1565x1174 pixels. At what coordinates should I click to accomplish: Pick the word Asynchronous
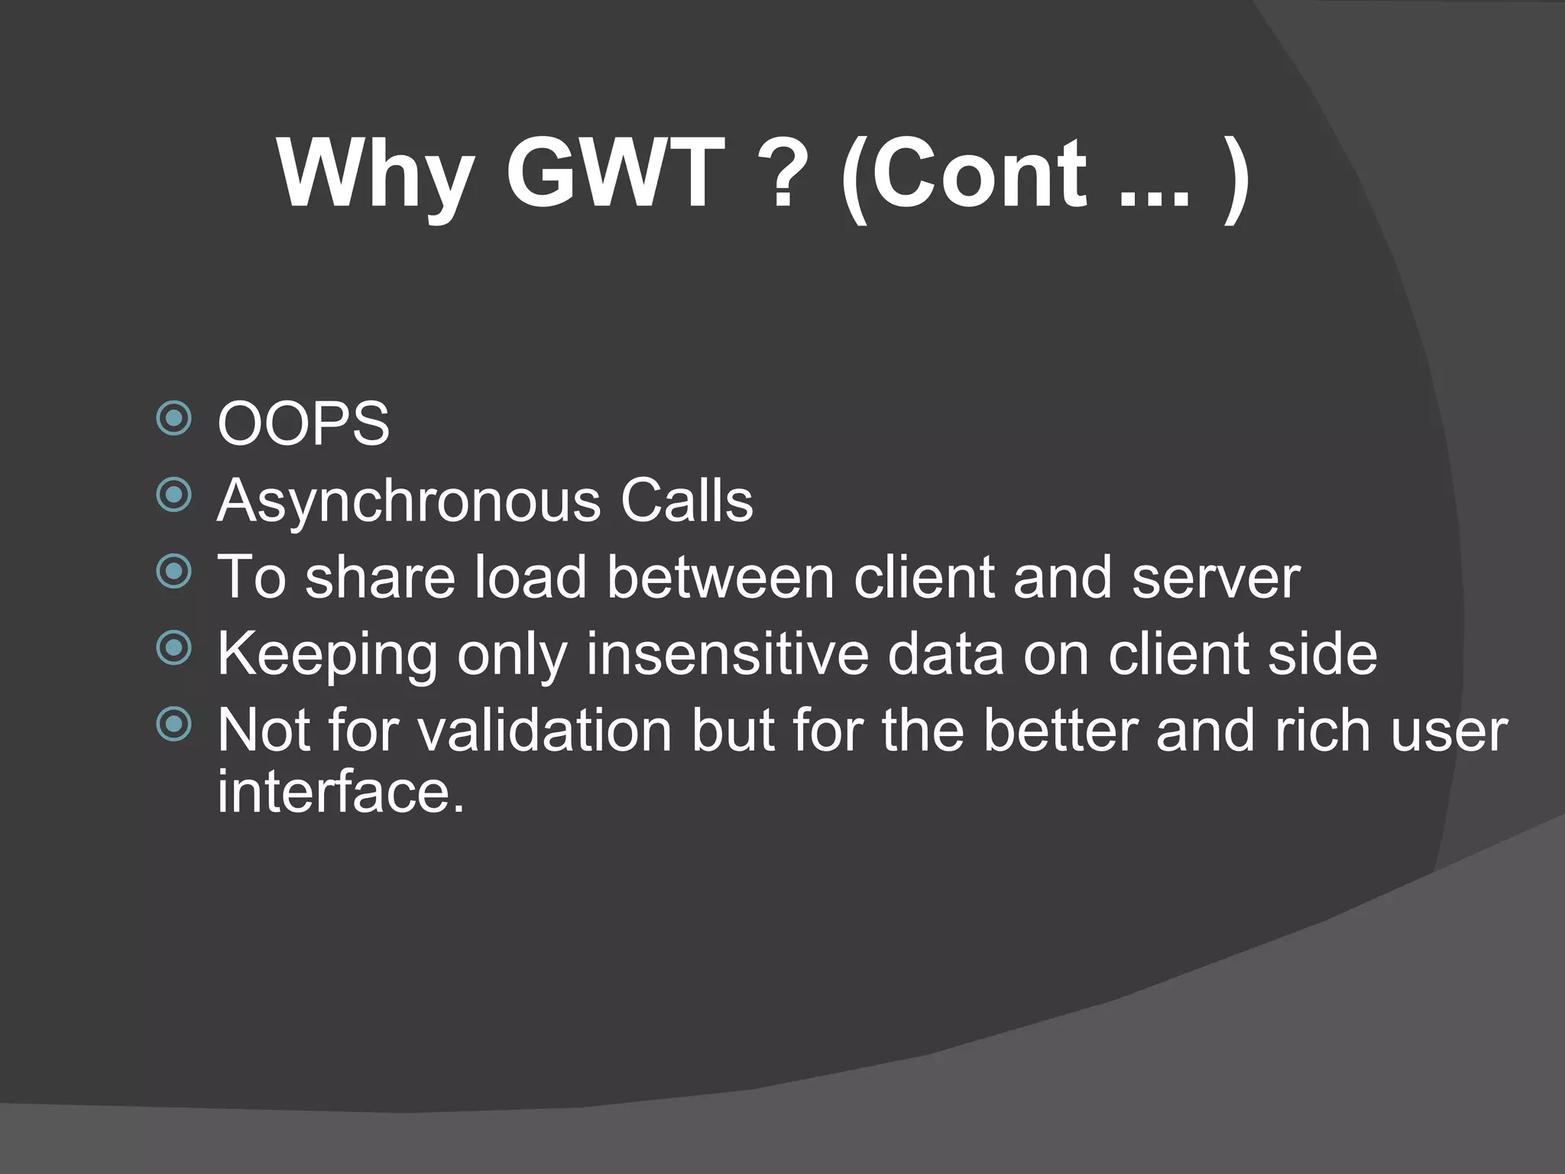coord(409,503)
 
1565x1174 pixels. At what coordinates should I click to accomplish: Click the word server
coord(1216,579)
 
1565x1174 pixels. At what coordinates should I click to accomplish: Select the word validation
coord(545,731)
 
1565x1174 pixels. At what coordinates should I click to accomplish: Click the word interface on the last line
coord(341,792)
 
